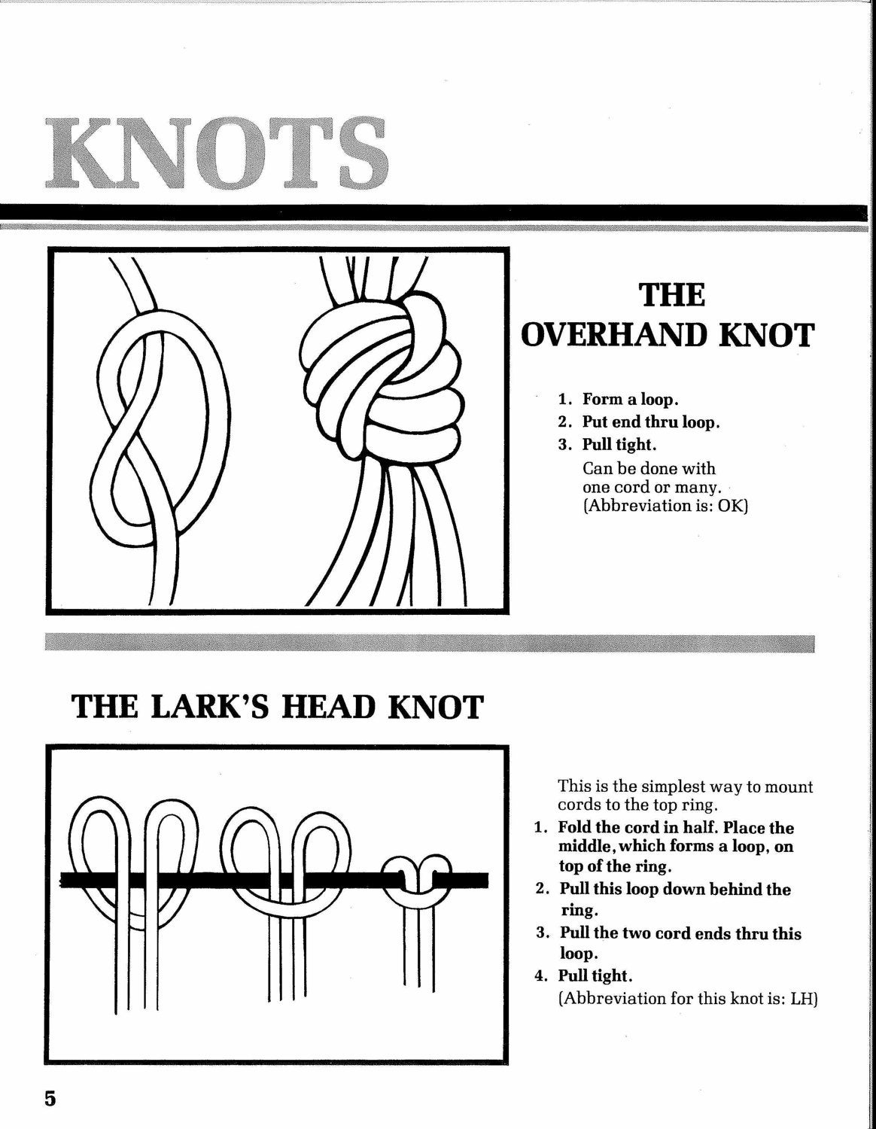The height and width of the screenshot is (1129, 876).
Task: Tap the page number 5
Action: pyautogui.click(x=50, y=1097)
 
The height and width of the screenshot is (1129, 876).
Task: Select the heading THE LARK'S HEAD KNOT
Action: pyautogui.click(x=275, y=708)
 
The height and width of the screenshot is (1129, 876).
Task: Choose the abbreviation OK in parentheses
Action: pyautogui.click(x=729, y=505)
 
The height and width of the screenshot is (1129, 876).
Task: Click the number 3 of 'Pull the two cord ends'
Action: pyautogui.click(x=543, y=933)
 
